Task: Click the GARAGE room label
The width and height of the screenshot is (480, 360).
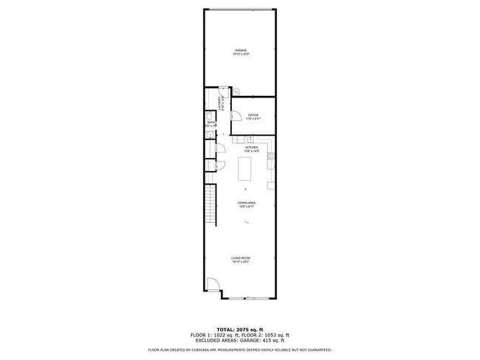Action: [x=241, y=51]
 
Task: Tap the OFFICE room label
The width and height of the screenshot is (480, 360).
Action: [x=253, y=115]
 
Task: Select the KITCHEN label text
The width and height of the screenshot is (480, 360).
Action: [x=252, y=148]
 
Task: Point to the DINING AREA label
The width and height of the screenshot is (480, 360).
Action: [x=247, y=202]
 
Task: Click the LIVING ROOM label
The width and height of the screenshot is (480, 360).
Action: [x=241, y=257]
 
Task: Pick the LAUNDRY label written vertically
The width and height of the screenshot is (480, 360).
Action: [x=219, y=106]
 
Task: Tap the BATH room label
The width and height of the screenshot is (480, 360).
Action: [x=210, y=122]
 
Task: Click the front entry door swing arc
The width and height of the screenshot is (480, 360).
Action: [x=211, y=285]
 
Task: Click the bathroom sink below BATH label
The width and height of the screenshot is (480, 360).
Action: [x=209, y=135]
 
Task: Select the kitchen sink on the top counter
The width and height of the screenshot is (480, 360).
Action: [x=250, y=139]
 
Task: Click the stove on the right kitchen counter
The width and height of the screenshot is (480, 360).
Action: [x=272, y=156]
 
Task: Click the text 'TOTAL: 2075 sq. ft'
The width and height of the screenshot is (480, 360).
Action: [x=240, y=329]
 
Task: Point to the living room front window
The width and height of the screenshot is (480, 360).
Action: [x=247, y=299]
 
